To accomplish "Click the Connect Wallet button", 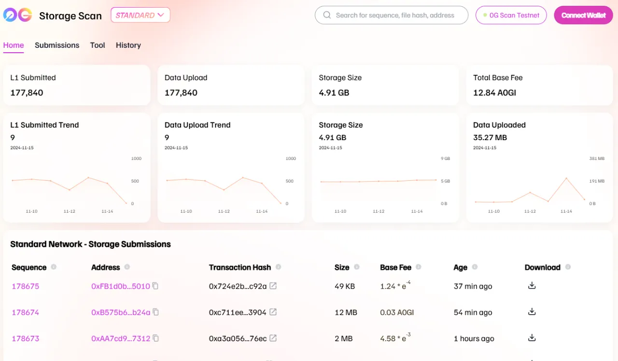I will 583,15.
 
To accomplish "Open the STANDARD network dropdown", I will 140,15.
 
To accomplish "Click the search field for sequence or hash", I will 394,15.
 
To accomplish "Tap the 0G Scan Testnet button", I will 511,15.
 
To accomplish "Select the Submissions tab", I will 57,45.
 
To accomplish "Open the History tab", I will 128,45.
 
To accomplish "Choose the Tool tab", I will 97,45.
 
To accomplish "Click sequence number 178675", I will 26,287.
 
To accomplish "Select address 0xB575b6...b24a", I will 121,313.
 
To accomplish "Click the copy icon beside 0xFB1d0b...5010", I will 155,286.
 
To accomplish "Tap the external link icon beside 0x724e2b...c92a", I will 273,286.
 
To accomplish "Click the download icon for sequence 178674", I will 532,312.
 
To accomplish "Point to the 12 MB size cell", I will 346,313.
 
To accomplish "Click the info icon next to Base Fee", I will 418,267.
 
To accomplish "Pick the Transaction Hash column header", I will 240,267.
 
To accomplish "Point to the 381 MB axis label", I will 597,159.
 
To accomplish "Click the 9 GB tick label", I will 445,159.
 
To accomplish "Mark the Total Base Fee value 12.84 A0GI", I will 494,93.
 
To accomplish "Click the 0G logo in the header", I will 18,15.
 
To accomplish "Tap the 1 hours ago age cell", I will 474,339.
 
